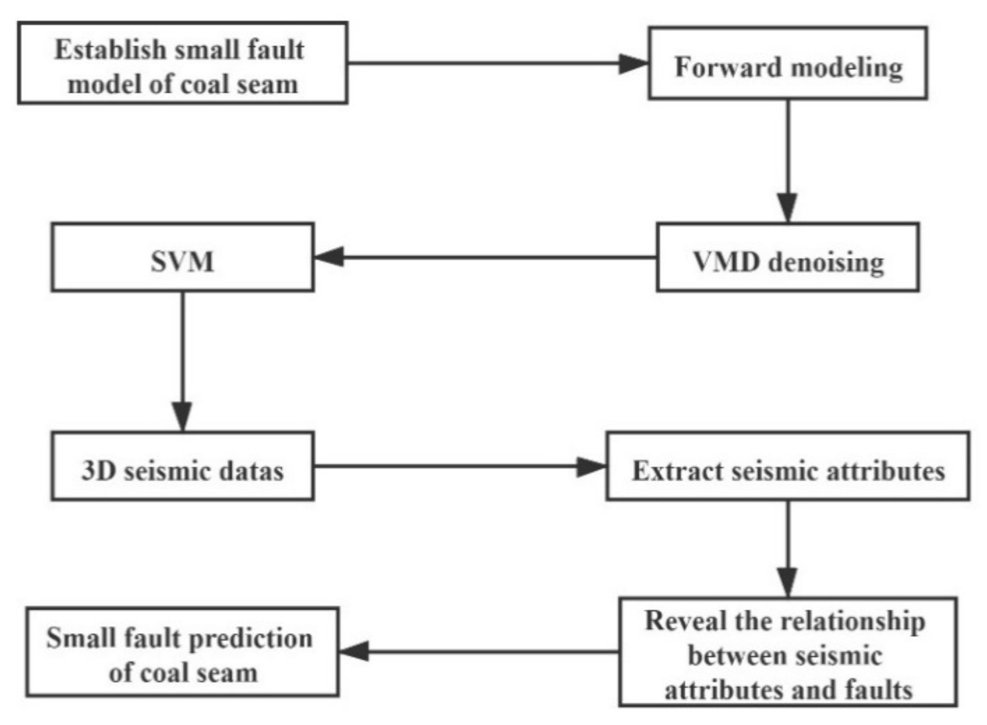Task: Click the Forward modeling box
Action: [787, 63]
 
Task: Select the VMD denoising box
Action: [787, 258]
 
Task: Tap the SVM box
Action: [182, 258]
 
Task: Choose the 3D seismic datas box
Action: [182, 466]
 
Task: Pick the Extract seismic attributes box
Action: [787, 466]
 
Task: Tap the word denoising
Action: [825, 263]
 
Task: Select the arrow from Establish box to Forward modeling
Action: [497, 64]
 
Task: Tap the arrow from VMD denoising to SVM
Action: [485, 257]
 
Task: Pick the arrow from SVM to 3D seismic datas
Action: [182, 361]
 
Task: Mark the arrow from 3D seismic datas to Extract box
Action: [459, 466]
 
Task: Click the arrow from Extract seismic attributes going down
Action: [788, 548]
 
